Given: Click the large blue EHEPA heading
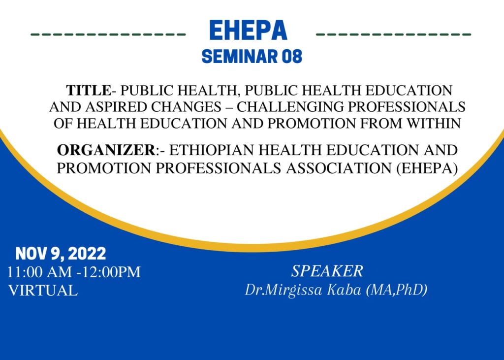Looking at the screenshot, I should coord(248,31).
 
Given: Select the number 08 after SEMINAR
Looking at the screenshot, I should coord(290,57).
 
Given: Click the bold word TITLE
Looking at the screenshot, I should coord(89,91).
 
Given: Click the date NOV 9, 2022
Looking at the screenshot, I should coord(61,254).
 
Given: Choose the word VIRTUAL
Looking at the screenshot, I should coord(43,290).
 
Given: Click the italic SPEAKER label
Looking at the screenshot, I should coord(327,271).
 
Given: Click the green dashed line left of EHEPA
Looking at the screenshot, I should coord(108,35).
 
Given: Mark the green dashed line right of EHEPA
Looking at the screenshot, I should coord(393,35).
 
